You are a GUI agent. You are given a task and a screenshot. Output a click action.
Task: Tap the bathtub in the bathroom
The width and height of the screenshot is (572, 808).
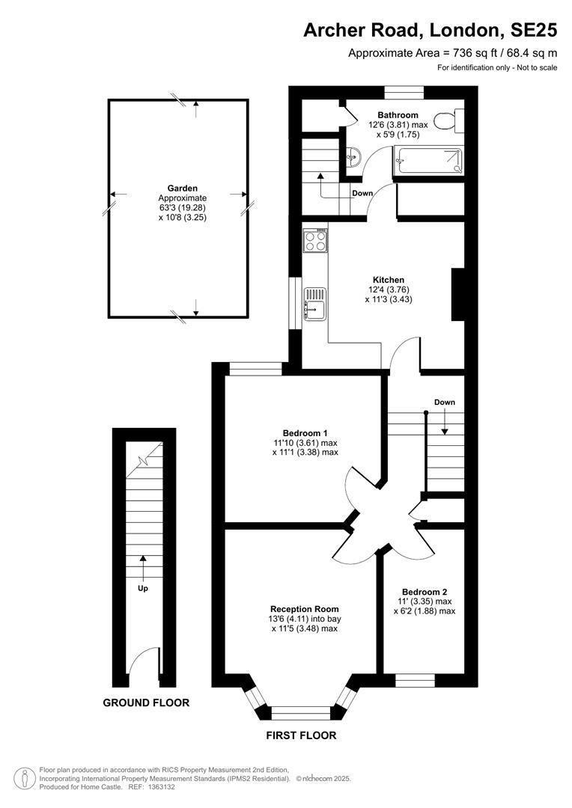[x=428, y=160]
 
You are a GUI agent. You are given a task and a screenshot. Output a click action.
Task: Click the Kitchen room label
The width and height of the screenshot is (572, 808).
[x=389, y=280]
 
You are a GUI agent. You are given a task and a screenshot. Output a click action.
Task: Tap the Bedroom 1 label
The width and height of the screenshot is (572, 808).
[x=305, y=433]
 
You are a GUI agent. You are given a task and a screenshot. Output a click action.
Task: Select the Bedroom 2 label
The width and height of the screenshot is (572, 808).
[x=425, y=592]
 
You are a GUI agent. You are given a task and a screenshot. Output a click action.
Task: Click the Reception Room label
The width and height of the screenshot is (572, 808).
[x=304, y=609]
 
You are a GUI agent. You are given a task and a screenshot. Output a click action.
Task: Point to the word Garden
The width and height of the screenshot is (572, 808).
[x=182, y=189]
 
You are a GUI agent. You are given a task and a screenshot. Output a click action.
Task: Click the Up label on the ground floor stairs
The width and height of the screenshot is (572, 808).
[x=143, y=589]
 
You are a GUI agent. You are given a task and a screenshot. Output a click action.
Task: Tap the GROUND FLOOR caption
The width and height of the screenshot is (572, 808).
[x=146, y=703]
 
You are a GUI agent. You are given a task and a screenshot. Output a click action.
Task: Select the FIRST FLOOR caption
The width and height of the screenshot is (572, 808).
[x=301, y=736]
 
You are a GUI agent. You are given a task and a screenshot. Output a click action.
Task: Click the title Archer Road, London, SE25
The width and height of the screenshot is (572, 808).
[x=430, y=31]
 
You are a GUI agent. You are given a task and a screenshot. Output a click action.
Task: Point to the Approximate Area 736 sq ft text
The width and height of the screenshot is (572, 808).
[x=452, y=52]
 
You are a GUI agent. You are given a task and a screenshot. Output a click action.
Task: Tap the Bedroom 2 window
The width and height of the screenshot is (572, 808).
[x=415, y=680]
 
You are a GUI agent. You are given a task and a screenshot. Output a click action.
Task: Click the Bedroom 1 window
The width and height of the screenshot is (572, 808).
[x=255, y=369]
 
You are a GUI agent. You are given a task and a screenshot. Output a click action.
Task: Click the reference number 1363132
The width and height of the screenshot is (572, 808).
[x=160, y=787]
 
